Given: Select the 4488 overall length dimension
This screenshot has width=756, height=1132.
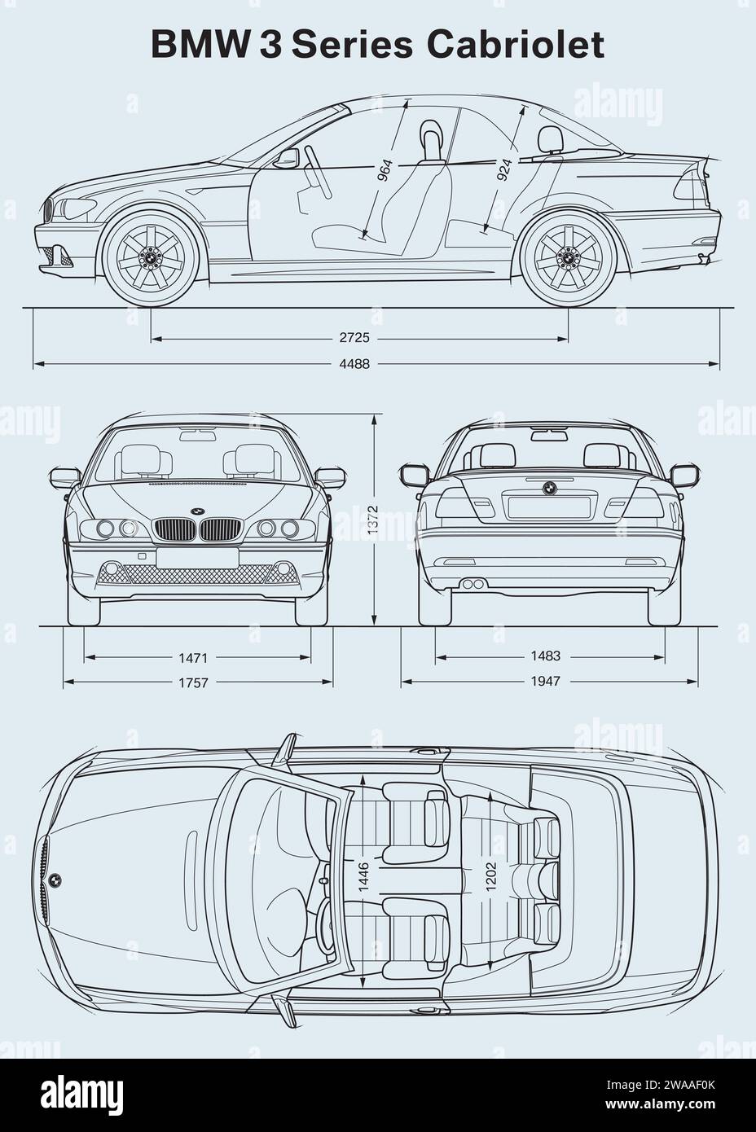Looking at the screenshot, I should (354, 364).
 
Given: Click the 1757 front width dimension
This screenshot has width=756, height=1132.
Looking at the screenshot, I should (194, 682).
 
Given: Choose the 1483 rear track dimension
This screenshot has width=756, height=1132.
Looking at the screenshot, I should (544, 656).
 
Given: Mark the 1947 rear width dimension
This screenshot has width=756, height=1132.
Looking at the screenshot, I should (544, 681).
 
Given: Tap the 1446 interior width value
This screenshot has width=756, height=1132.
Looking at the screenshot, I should (363, 877).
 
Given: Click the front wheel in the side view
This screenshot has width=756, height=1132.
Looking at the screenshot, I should (151, 257).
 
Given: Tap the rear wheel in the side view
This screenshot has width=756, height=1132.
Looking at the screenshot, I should (567, 257).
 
